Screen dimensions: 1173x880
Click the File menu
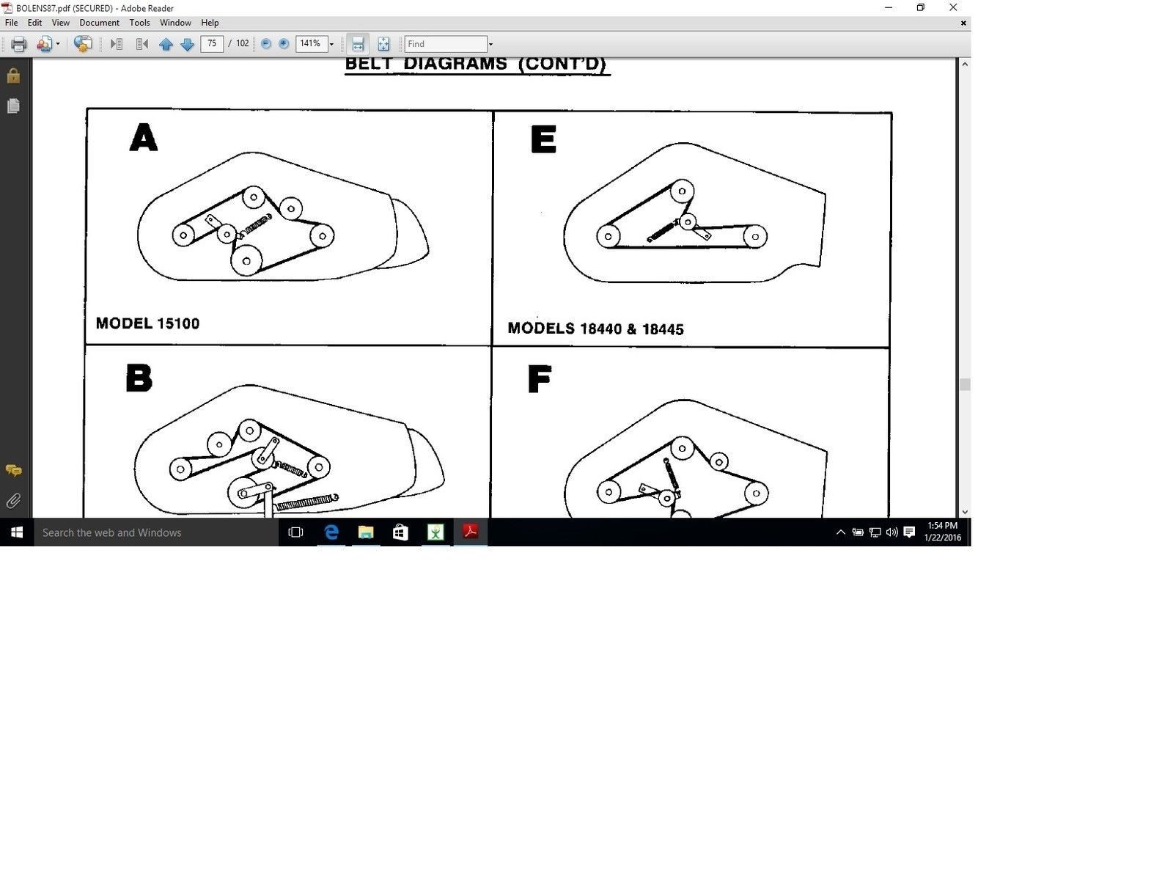11,23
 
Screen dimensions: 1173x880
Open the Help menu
210,23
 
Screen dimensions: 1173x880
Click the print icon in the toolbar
19,44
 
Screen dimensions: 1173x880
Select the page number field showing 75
212,43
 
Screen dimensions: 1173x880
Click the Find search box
445,44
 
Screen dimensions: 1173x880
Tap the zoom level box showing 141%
311,43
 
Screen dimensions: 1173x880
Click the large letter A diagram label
143,137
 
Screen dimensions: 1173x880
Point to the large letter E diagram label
543,139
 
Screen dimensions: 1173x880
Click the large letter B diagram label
139,378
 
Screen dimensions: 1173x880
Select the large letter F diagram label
539,379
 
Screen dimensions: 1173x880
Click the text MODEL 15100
147,323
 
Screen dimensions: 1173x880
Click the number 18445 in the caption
663,329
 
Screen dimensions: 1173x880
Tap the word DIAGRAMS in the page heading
455,63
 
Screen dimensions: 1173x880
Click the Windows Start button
17,532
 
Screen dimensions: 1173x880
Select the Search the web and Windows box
156,532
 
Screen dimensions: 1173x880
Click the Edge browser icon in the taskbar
331,532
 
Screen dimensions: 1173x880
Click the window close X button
953,7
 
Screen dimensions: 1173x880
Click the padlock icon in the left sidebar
13,76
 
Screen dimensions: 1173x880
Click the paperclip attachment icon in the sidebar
13,501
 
